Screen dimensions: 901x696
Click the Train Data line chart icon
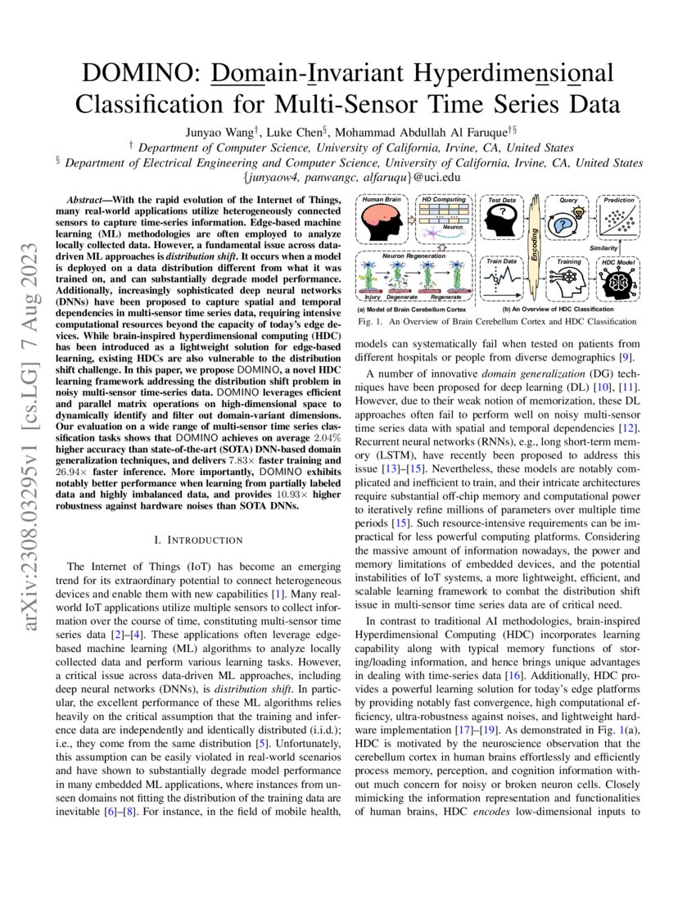click(502, 283)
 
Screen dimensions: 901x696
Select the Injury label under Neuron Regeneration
click(373, 298)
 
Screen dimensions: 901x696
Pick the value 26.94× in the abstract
click(80, 472)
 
